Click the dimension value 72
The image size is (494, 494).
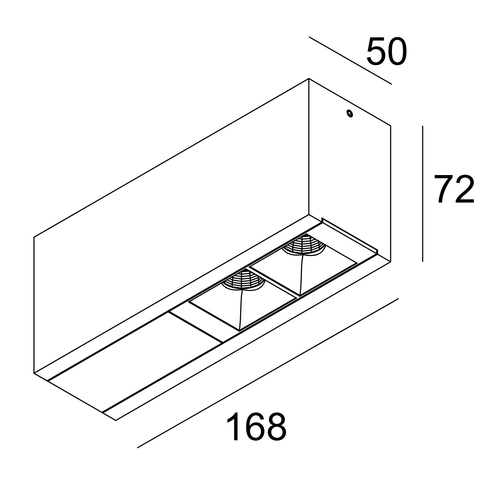click(x=454, y=190)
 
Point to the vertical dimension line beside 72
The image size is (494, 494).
click(x=422, y=194)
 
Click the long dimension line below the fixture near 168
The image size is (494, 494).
click(x=268, y=373)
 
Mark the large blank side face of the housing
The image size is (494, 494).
click(x=171, y=225)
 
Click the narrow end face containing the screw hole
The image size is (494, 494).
click(x=350, y=170)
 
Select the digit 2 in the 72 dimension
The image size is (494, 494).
click(x=464, y=190)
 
